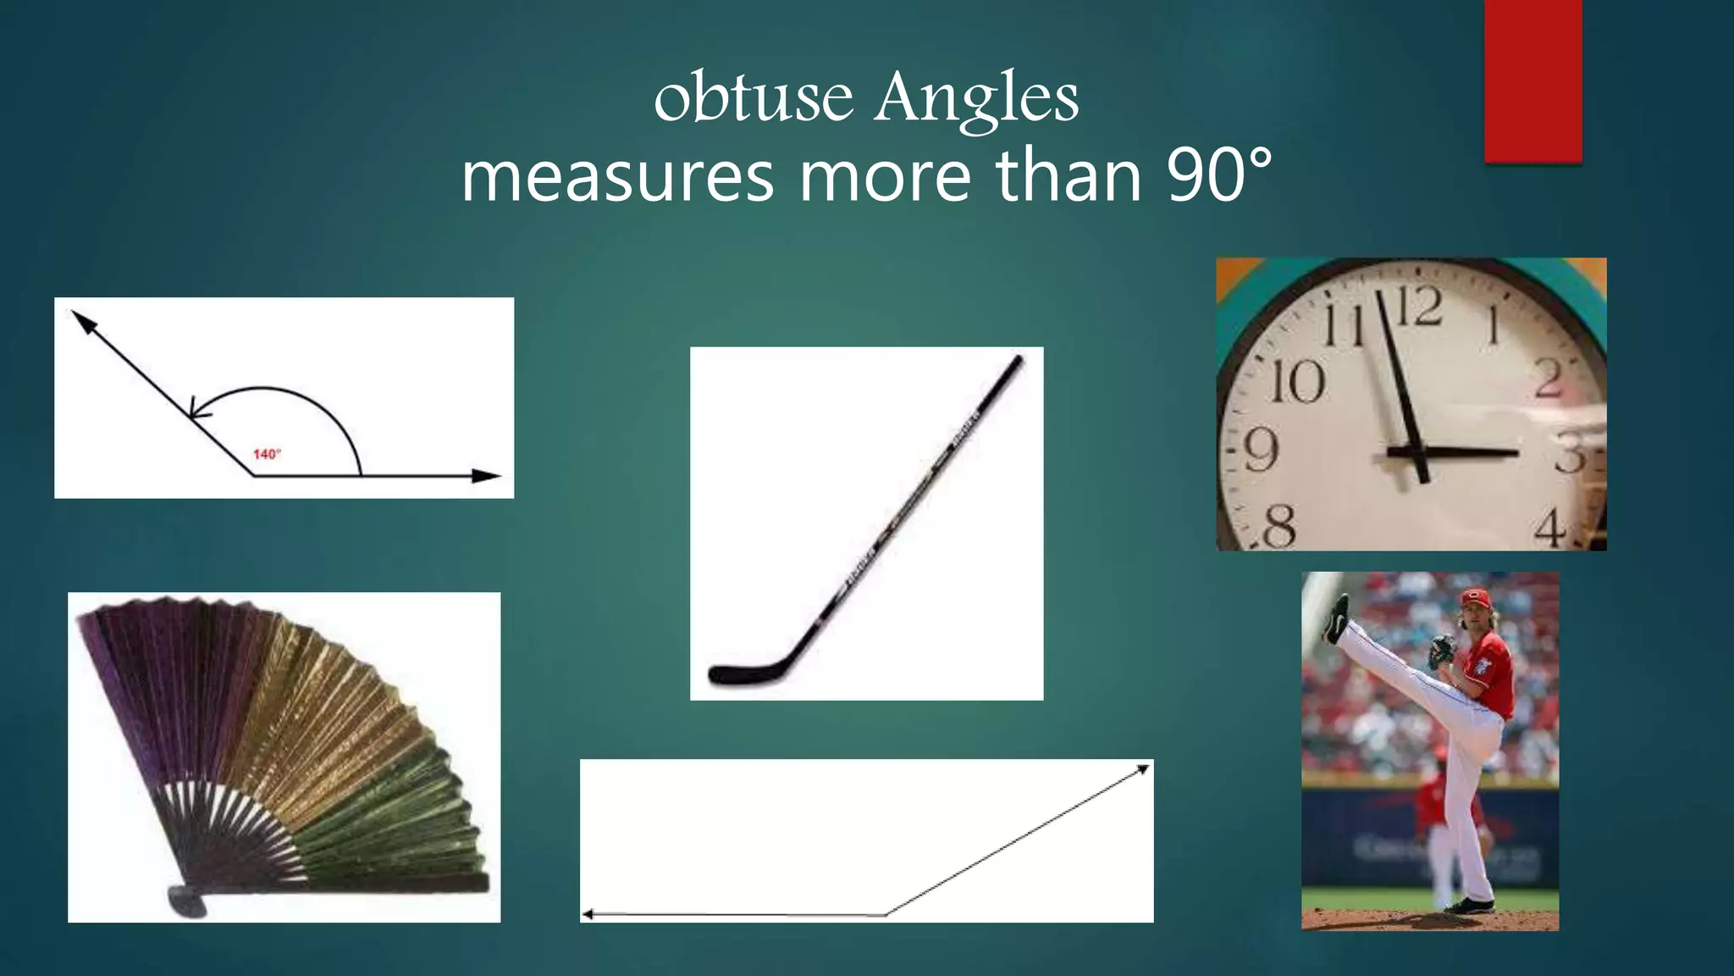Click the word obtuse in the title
coord(753,98)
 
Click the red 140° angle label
coord(267,454)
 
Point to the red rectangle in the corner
coord(1532,80)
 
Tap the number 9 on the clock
coord(1261,450)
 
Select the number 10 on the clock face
coord(1297,382)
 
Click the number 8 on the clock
coord(1279,525)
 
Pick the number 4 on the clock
coord(1550,530)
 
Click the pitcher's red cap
coord(1476,599)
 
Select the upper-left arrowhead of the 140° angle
coord(81,319)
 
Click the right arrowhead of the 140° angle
coord(486,476)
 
